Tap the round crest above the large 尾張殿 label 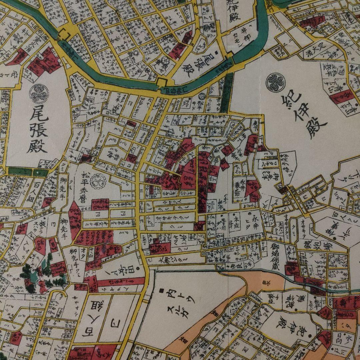[x=39, y=93]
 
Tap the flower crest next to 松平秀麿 [x=99, y=182]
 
